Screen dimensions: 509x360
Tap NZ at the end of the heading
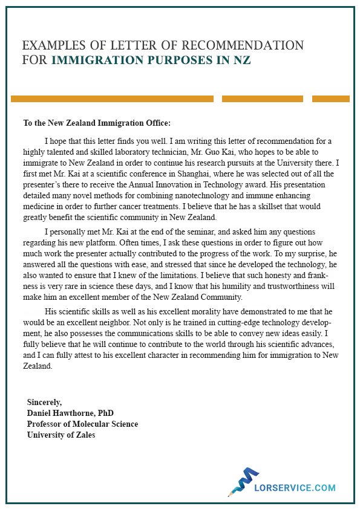pos(242,60)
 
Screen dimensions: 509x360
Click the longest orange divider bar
pos(112,99)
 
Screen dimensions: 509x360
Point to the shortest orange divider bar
pos(330,99)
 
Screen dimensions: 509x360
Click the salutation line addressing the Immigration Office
pos(97,123)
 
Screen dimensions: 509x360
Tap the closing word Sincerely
pos(44,402)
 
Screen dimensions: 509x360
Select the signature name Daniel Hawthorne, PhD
pos(70,413)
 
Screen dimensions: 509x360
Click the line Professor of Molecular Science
pos(82,424)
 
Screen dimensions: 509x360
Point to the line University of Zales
pos(61,435)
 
